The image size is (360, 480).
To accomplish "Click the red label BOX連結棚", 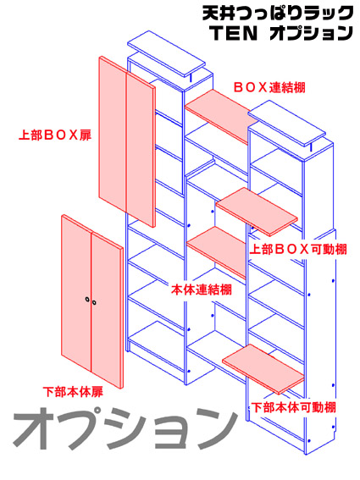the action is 269,87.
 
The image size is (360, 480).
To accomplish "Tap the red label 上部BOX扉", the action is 55,135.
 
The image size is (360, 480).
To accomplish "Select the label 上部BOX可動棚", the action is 298,249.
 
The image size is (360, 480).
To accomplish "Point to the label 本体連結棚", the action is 202,290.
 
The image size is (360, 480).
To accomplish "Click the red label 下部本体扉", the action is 73,392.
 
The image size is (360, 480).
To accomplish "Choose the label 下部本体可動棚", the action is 294,407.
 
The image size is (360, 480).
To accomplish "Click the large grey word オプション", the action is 125,428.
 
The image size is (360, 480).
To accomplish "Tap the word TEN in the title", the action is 234,33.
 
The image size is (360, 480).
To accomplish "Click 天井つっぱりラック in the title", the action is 278,14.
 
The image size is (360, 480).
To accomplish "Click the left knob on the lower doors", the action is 87,299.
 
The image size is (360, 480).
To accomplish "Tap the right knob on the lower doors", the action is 94,303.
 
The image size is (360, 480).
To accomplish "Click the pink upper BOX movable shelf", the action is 257,212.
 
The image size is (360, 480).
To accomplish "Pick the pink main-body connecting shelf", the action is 217,251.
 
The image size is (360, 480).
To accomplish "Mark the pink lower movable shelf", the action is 263,369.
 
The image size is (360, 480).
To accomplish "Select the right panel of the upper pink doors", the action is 141,149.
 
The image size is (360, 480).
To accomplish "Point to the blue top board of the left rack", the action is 166,54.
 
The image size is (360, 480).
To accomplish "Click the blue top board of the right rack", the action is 287,124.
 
